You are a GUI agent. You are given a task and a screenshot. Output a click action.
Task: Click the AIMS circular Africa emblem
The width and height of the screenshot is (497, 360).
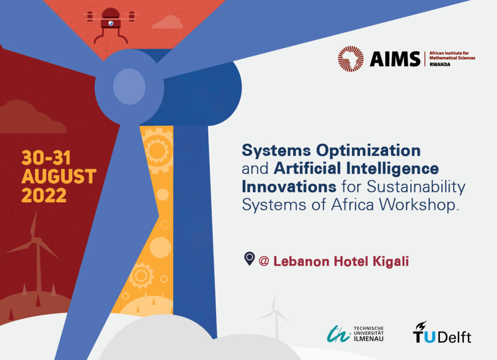click(x=350, y=59)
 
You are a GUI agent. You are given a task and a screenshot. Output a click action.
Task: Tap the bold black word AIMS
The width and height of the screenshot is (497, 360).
click(x=395, y=59)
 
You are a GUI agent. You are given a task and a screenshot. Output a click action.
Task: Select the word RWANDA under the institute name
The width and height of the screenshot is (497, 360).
click(x=440, y=65)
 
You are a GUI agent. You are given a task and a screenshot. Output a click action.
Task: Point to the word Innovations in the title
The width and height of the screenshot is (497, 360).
click(x=289, y=187)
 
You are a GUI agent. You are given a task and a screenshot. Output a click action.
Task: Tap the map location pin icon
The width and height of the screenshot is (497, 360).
click(x=249, y=258)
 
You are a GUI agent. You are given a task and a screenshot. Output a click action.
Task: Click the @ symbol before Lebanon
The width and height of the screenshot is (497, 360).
click(x=264, y=261)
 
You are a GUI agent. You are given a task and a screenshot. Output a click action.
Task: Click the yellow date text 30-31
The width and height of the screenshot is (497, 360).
click(x=46, y=158)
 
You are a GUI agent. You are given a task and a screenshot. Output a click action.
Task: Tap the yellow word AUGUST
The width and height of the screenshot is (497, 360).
click(x=59, y=176)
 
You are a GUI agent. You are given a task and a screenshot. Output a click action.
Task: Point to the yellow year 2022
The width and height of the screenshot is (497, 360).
click(x=44, y=195)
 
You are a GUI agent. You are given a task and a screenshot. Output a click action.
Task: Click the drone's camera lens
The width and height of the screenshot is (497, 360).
click(x=111, y=23)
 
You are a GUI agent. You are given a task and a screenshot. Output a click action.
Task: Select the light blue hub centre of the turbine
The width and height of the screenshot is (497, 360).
click(x=129, y=86)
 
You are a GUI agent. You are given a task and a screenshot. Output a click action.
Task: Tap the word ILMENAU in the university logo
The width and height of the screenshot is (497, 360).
click(x=368, y=339)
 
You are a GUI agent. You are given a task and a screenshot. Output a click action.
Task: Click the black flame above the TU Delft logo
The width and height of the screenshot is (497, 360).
click(x=421, y=325)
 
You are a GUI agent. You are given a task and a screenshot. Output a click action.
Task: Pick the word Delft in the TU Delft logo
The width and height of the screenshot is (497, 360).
click(x=454, y=337)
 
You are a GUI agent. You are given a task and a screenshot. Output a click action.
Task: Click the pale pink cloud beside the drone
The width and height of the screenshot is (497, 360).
click(x=167, y=22)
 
